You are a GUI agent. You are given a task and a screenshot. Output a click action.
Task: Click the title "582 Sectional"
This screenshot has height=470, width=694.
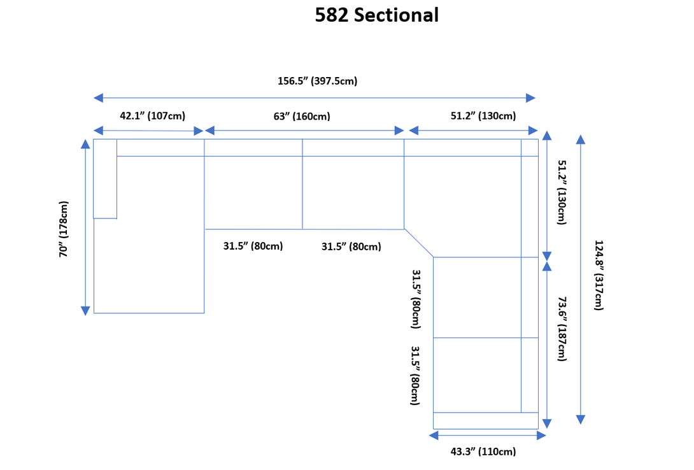(377, 15)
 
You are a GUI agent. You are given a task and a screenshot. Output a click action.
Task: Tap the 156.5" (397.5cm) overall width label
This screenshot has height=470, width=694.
(317, 81)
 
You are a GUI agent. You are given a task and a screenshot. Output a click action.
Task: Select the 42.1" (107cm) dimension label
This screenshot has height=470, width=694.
(153, 116)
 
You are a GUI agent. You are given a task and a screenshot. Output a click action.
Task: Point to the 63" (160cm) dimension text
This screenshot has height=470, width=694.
(302, 117)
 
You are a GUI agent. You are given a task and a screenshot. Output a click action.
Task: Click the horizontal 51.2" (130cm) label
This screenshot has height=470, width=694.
(483, 116)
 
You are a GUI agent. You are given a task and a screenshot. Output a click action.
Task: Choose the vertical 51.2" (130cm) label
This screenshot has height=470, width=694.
(562, 192)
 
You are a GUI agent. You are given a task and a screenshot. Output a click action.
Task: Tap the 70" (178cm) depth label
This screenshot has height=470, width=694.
(64, 229)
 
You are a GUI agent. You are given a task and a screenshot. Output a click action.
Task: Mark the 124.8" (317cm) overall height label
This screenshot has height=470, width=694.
(599, 275)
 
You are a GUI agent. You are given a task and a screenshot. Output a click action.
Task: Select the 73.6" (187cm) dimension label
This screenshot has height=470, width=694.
(562, 329)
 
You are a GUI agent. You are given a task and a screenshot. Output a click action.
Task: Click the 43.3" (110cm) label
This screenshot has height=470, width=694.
(483, 452)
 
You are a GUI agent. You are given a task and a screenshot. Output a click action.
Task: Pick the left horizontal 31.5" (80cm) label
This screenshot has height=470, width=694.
(253, 246)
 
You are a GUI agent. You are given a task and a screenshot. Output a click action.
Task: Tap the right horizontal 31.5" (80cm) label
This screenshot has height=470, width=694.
(351, 246)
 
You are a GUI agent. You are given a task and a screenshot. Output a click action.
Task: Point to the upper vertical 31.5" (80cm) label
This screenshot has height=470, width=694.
(416, 299)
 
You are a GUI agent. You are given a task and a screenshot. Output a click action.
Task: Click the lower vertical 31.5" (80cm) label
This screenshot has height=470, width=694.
(415, 375)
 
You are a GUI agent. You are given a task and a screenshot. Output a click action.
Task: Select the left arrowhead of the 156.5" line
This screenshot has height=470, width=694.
(98, 98)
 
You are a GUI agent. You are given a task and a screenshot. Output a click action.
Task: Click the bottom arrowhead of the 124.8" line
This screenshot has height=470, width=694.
(581, 420)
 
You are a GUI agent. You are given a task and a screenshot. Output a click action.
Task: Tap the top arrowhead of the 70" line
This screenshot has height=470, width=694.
(85, 145)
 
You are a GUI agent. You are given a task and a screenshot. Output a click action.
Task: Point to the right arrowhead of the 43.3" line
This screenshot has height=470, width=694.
(541, 436)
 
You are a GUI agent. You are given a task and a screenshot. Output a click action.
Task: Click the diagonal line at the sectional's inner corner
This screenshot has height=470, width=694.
(419, 243)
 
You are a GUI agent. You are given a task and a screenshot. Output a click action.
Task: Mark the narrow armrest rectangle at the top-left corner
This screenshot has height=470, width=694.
(105, 179)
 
